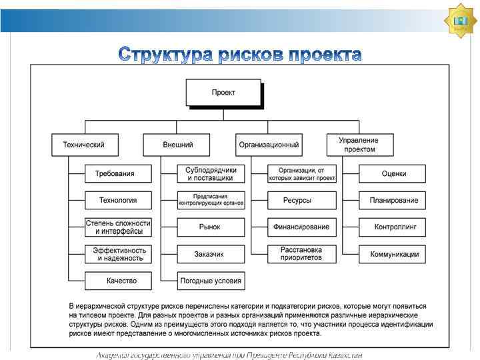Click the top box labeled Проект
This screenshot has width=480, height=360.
tap(223, 93)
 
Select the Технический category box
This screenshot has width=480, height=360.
tap(85, 145)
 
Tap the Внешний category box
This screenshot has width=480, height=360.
tap(177, 145)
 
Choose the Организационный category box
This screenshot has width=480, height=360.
tap(269, 145)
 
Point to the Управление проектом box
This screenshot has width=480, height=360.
tap(359, 145)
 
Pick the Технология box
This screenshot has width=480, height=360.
tap(118, 200)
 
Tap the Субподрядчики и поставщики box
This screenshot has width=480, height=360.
tap(211, 174)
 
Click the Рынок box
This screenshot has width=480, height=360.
tap(211, 227)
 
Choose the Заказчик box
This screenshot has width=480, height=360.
tap(211, 254)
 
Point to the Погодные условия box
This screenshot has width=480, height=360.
tap(211, 281)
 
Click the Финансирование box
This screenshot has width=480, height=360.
tap(301, 227)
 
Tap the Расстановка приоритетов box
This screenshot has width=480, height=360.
tap(301, 254)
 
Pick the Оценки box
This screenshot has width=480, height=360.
tap(393, 174)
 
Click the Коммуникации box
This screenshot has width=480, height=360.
tap(393, 254)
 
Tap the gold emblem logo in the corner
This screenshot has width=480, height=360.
tap(460, 21)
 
